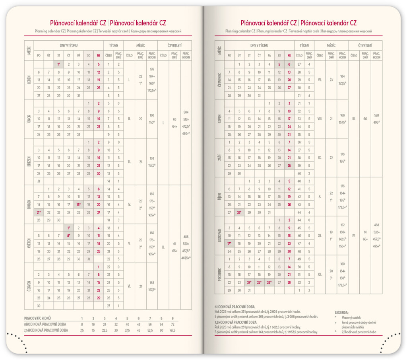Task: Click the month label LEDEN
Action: coord(28,80)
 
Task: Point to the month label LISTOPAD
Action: coord(219,236)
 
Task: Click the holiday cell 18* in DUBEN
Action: coord(78,204)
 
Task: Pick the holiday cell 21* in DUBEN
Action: coord(39,212)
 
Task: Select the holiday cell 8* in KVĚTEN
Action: coord(68,235)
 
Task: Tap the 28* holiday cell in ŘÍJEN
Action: coord(239,212)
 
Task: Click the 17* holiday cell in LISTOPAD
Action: coord(229,243)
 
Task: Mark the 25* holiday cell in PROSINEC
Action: coord(259,282)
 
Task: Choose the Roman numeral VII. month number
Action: coord(320,80)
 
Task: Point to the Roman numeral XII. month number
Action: coord(320,274)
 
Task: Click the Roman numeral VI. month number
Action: coord(129,286)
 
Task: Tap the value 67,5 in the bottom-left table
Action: coord(172,330)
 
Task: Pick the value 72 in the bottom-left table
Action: coord(172,325)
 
